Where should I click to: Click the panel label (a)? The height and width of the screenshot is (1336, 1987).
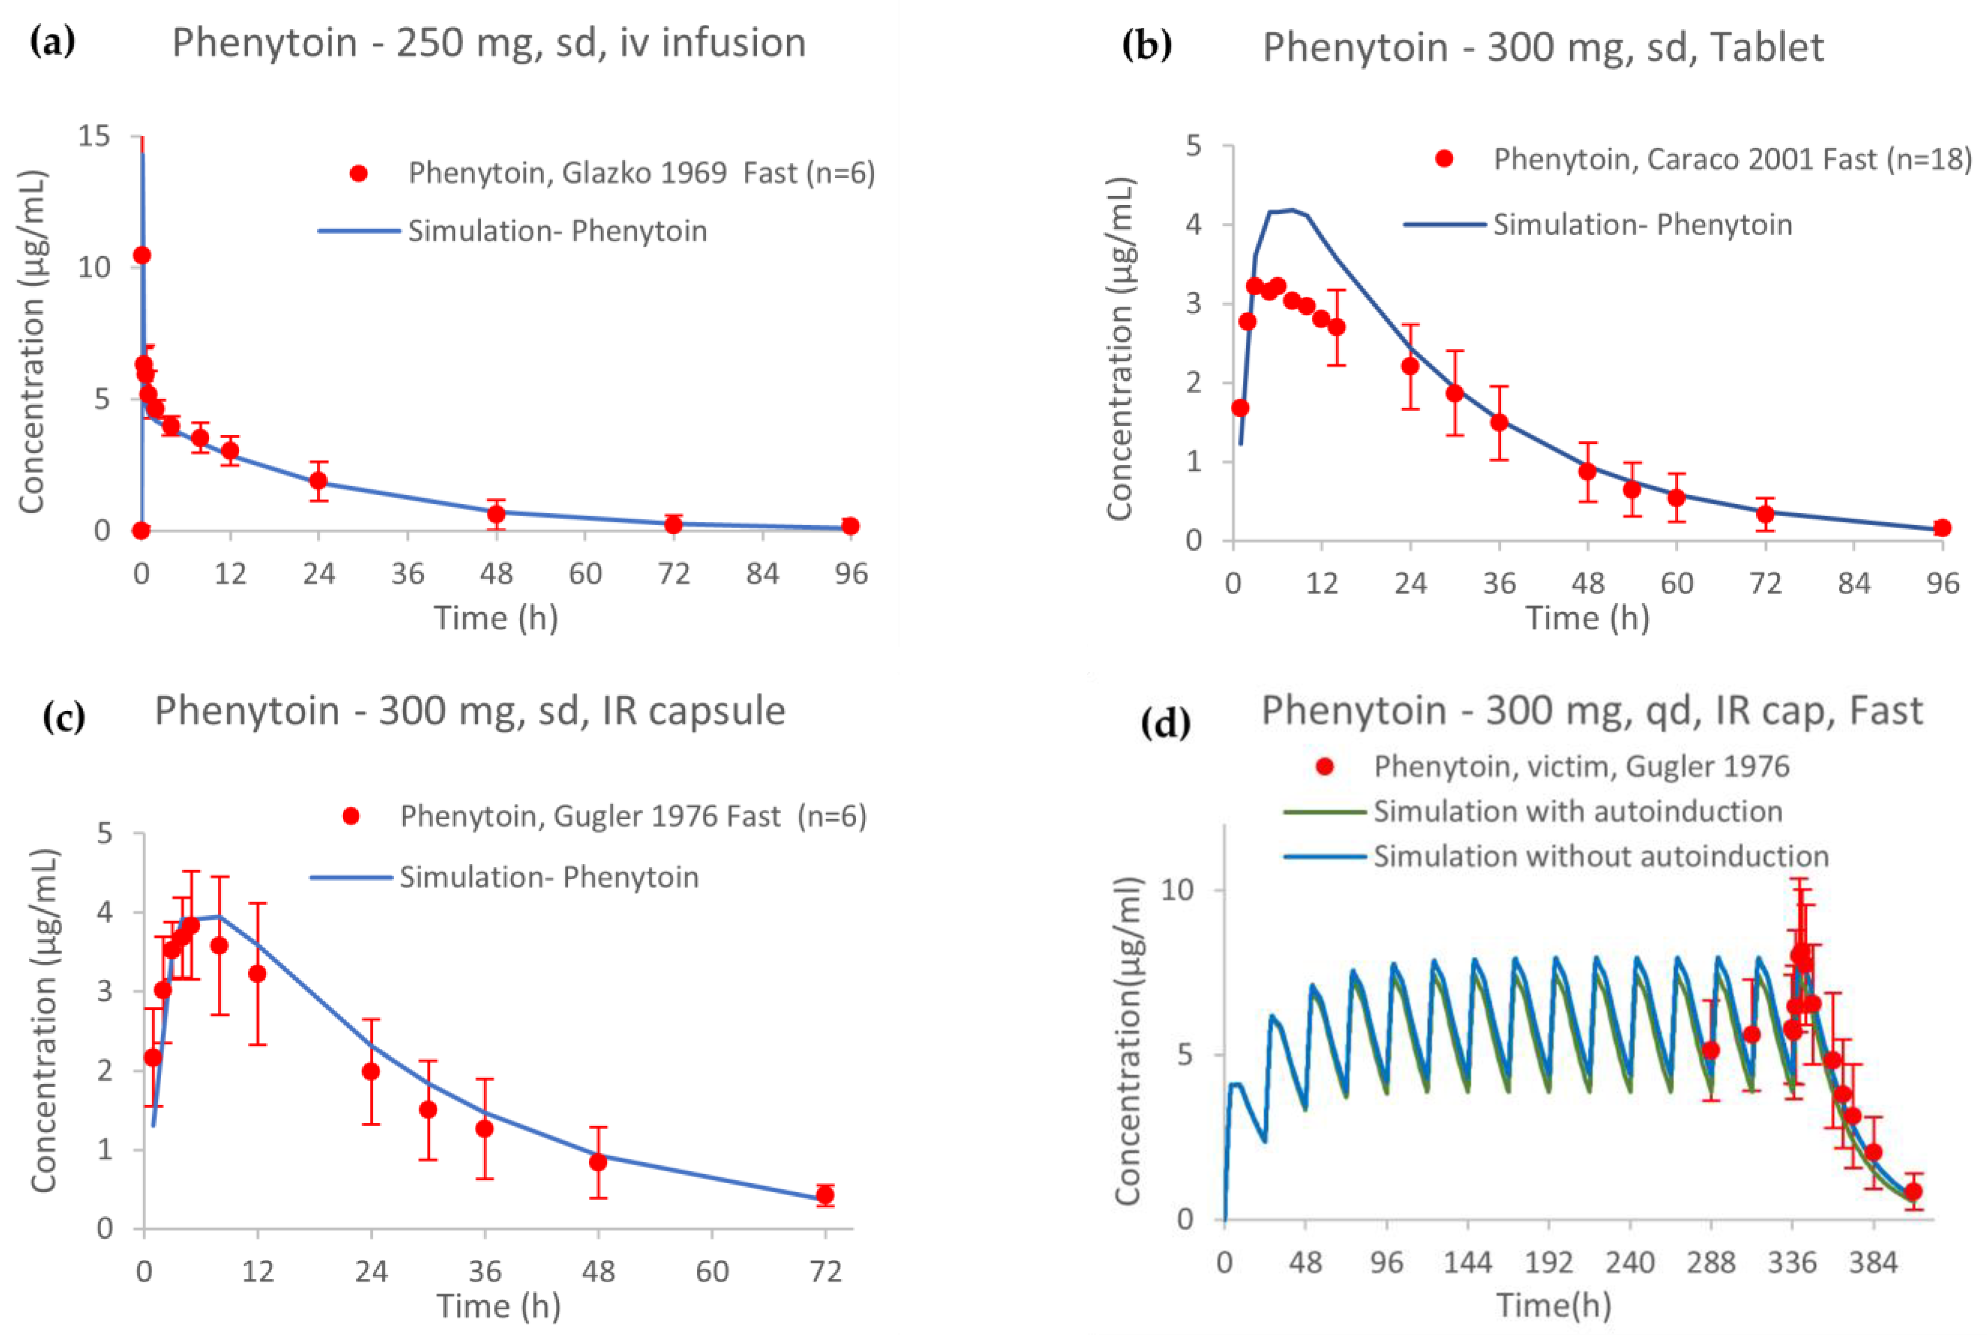53,42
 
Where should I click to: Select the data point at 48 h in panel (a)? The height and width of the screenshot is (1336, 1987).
496,514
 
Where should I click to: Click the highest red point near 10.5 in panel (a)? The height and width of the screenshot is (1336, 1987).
142,255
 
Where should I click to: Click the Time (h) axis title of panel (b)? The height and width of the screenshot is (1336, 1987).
1586,618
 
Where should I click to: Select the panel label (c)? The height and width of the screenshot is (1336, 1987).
64,717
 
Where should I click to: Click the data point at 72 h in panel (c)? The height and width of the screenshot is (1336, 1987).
824,1195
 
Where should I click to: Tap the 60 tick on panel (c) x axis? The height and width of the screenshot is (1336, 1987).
712,1272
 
